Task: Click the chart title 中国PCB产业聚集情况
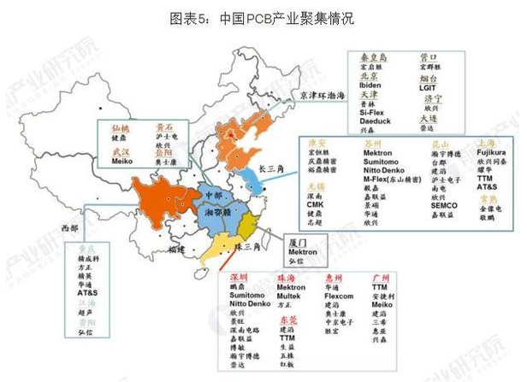264,19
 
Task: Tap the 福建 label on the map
176,249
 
